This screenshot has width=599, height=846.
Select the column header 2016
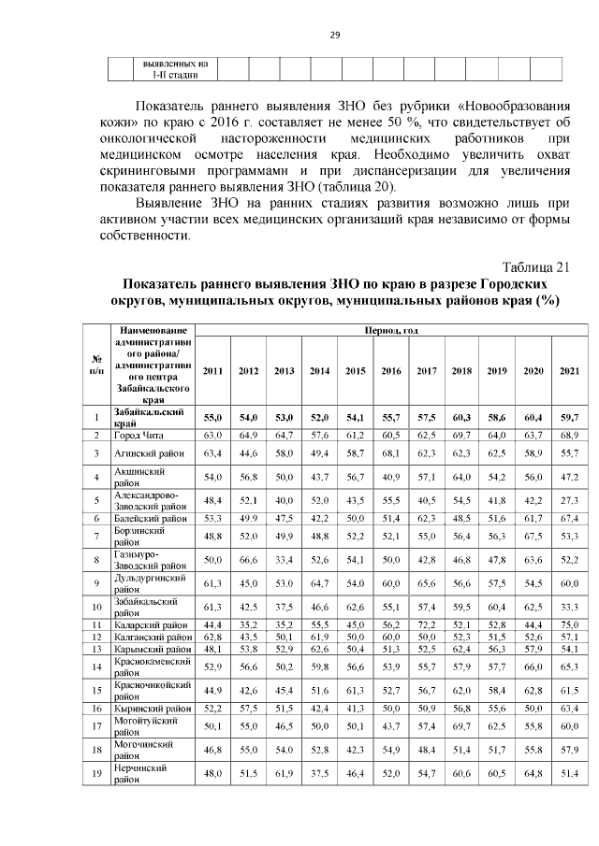click(x=390, y=371)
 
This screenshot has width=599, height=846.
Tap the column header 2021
click(x=569, y=371)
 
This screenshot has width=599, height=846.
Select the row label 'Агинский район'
click(x=147, y=452)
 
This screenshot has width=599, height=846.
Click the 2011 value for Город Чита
click(x=212, y=436)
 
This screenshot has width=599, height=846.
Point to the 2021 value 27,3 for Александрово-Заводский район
click(x=569, y=501)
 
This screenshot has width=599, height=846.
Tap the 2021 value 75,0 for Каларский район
click(x=569, y=624)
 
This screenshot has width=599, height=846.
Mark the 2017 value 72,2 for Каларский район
click(x=427, y=624)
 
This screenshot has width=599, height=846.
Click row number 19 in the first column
click(x=96, y=774)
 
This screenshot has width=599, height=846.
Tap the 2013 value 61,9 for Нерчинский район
click(x=284, y=774)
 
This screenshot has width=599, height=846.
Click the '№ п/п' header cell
click(x=96, y=365)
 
